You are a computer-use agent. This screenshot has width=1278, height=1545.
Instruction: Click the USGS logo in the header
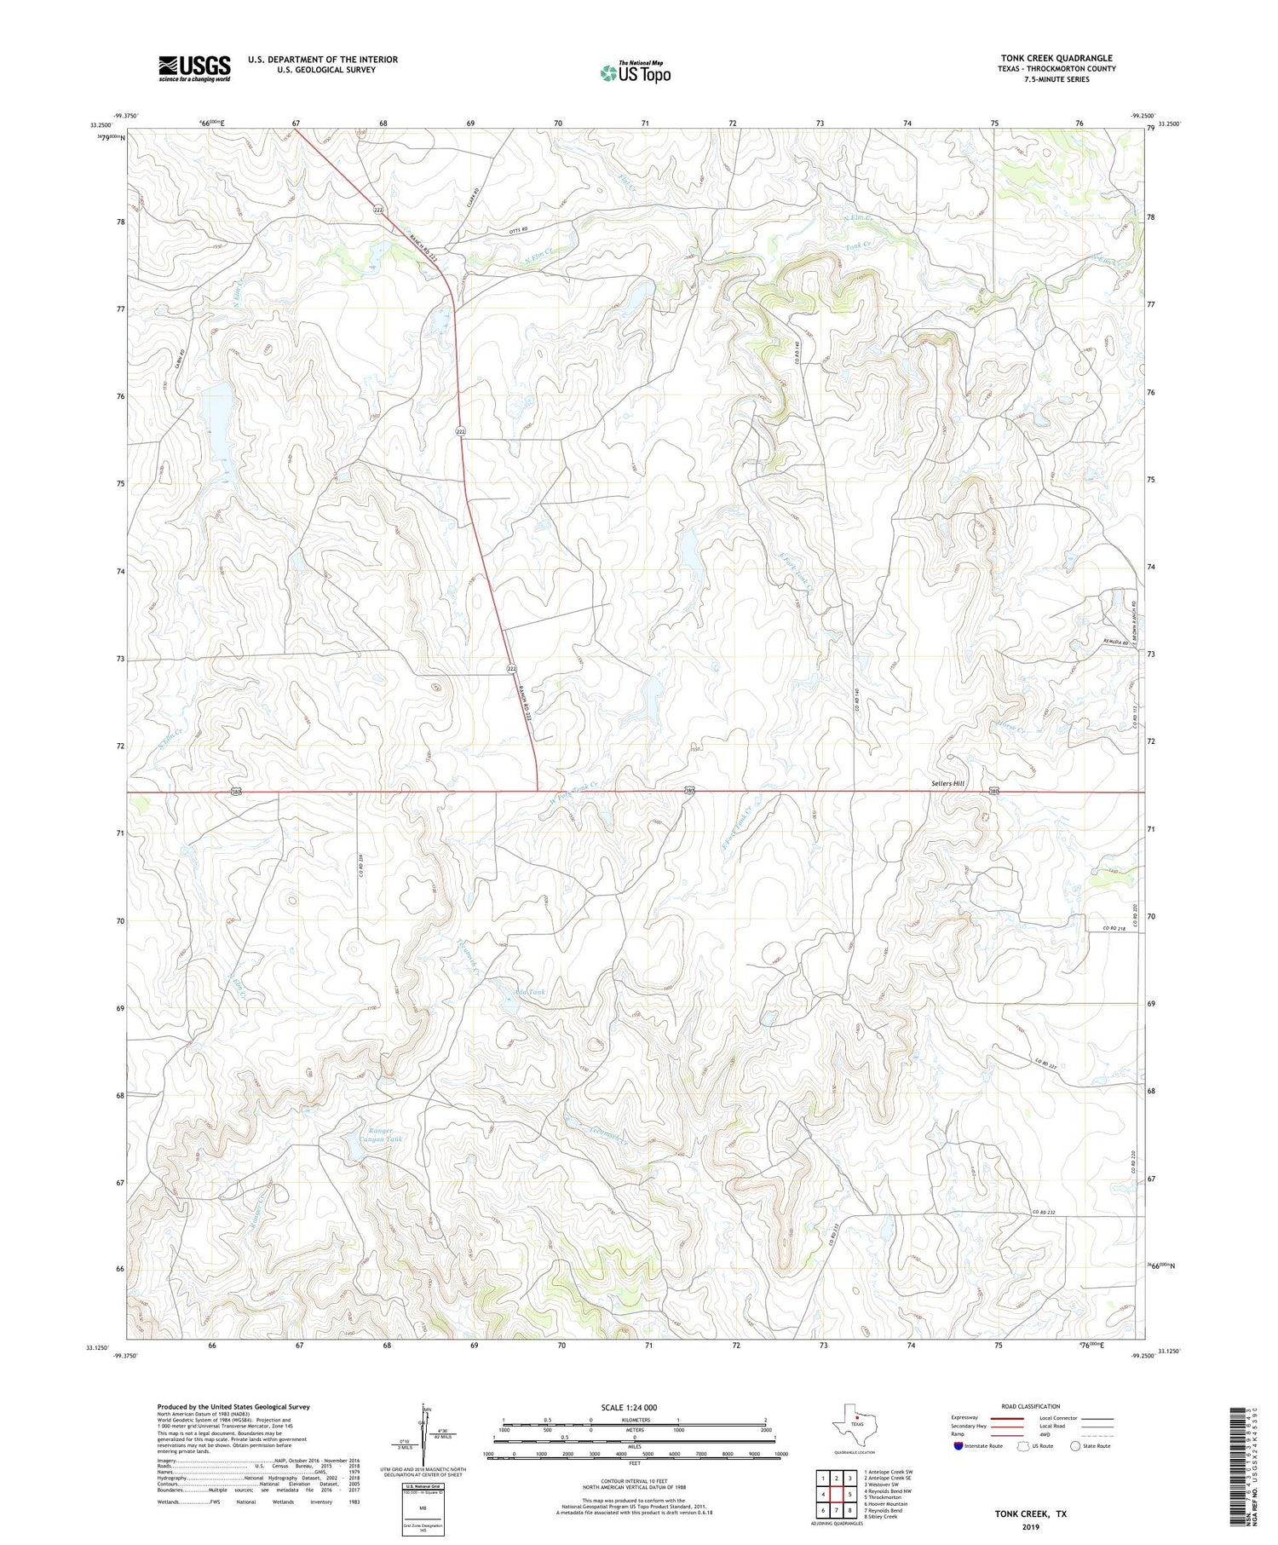click(x=194, y=68)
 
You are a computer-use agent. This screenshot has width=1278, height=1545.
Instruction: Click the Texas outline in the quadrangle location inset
click(x=855, y=1424)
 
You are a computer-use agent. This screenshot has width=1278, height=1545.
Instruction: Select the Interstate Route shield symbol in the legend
click(x=958, y=1446)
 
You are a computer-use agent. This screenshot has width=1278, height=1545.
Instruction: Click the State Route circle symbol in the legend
click(x=1076, y=1446)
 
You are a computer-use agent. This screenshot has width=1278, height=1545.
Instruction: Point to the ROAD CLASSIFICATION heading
click(x=1031, y=1406)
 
